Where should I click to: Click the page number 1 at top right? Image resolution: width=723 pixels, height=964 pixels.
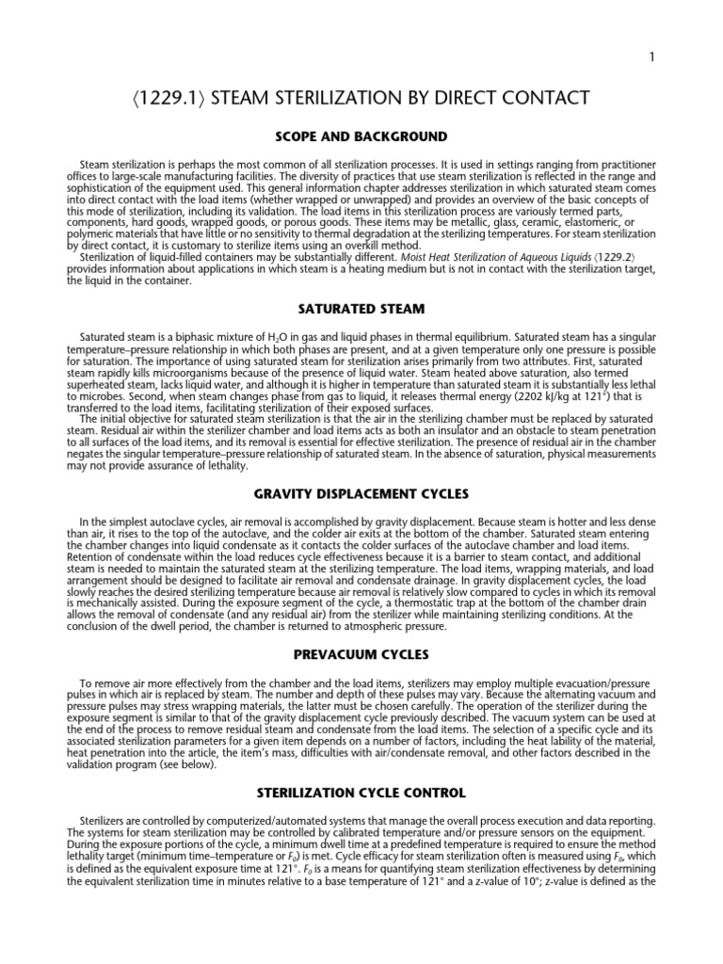[651, 57]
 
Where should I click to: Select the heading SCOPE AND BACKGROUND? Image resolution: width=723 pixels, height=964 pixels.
[361, 137]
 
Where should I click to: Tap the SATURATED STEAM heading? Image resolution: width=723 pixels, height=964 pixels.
[361, 308]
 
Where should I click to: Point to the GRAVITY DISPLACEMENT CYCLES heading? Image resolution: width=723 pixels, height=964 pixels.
[361, 493]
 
